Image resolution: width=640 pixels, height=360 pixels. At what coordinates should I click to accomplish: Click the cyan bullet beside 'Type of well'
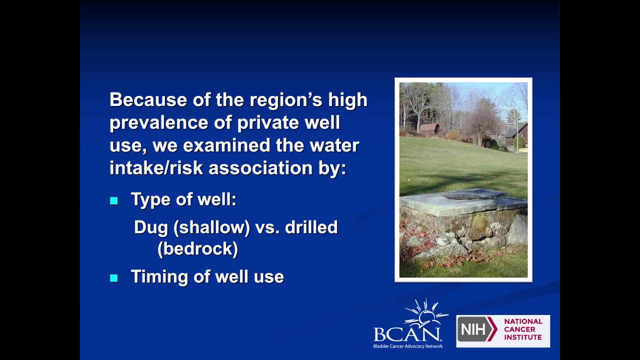(x=114, y=201)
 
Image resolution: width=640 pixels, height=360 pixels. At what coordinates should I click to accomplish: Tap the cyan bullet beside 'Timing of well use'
(x=114, y=278)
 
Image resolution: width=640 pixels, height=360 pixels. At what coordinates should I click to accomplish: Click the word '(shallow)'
(x=211, y=228)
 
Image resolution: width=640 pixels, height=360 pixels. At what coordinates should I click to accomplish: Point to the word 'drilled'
(x=311, y=227)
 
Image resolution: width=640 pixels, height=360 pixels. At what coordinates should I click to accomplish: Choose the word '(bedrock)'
(x=197, y=248)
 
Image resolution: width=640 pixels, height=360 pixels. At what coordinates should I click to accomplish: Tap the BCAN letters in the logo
(x=407, y=334)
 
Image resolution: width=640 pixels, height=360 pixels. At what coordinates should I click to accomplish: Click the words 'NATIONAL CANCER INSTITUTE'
(x=523, y=329)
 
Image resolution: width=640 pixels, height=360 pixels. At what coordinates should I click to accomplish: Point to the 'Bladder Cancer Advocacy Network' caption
(x=407, y=346)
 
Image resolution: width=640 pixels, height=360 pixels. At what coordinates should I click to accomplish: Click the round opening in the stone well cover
(x=462, y=197)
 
